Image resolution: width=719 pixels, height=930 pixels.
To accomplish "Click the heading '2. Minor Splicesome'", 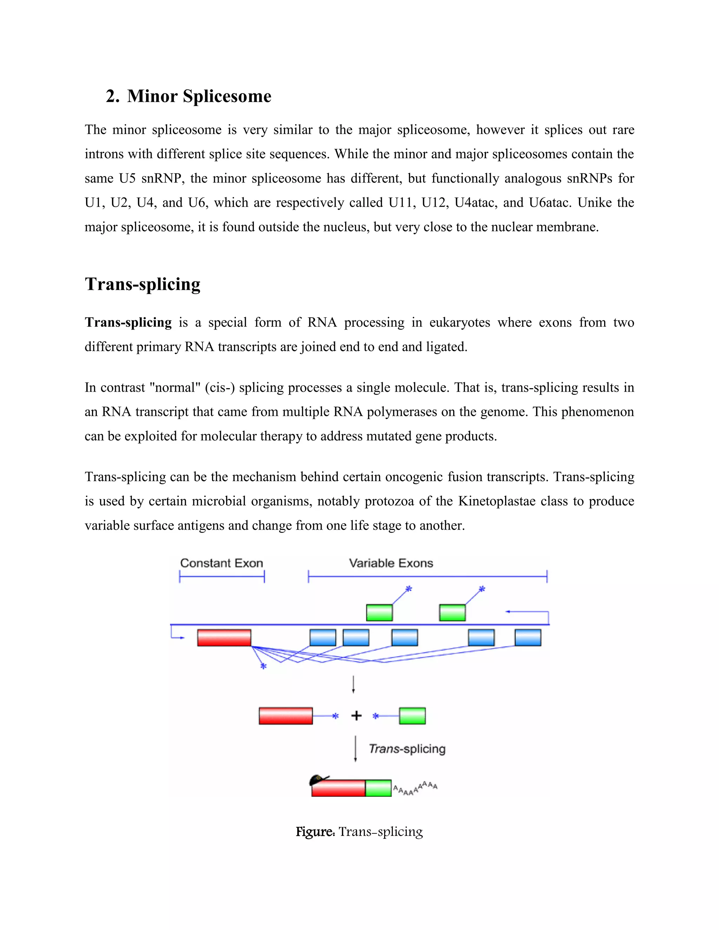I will tap(188, 96).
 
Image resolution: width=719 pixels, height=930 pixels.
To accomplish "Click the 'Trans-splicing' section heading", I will tap(142, 284).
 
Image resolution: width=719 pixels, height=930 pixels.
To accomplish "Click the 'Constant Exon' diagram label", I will tap(222, 563).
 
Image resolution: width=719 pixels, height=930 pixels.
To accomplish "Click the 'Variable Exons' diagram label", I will tap(391, 563).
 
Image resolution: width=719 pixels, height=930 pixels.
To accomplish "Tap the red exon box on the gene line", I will tap(224, 637).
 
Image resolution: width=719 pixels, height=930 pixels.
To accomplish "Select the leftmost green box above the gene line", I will tap(379, 612).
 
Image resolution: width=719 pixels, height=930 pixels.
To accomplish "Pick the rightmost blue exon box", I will tap(528, 637).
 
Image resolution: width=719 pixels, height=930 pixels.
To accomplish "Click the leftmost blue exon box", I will tap(322, 637).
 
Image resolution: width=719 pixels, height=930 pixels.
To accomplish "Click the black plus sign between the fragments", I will tap(356, 716).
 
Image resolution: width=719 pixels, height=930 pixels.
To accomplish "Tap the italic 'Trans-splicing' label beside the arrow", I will tap(407, 749).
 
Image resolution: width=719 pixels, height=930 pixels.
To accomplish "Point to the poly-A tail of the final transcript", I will tap(415, 789).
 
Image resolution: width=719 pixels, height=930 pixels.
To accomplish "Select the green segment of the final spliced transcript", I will tap(378, 788).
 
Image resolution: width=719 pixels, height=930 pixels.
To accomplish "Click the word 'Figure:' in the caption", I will tap(315, 832).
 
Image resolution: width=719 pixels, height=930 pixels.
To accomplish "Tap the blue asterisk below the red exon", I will tap(263, 666).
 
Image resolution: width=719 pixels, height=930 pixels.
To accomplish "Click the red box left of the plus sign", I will tap(285, 716).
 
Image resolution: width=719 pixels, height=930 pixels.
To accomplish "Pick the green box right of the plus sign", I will tap(412, 716).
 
